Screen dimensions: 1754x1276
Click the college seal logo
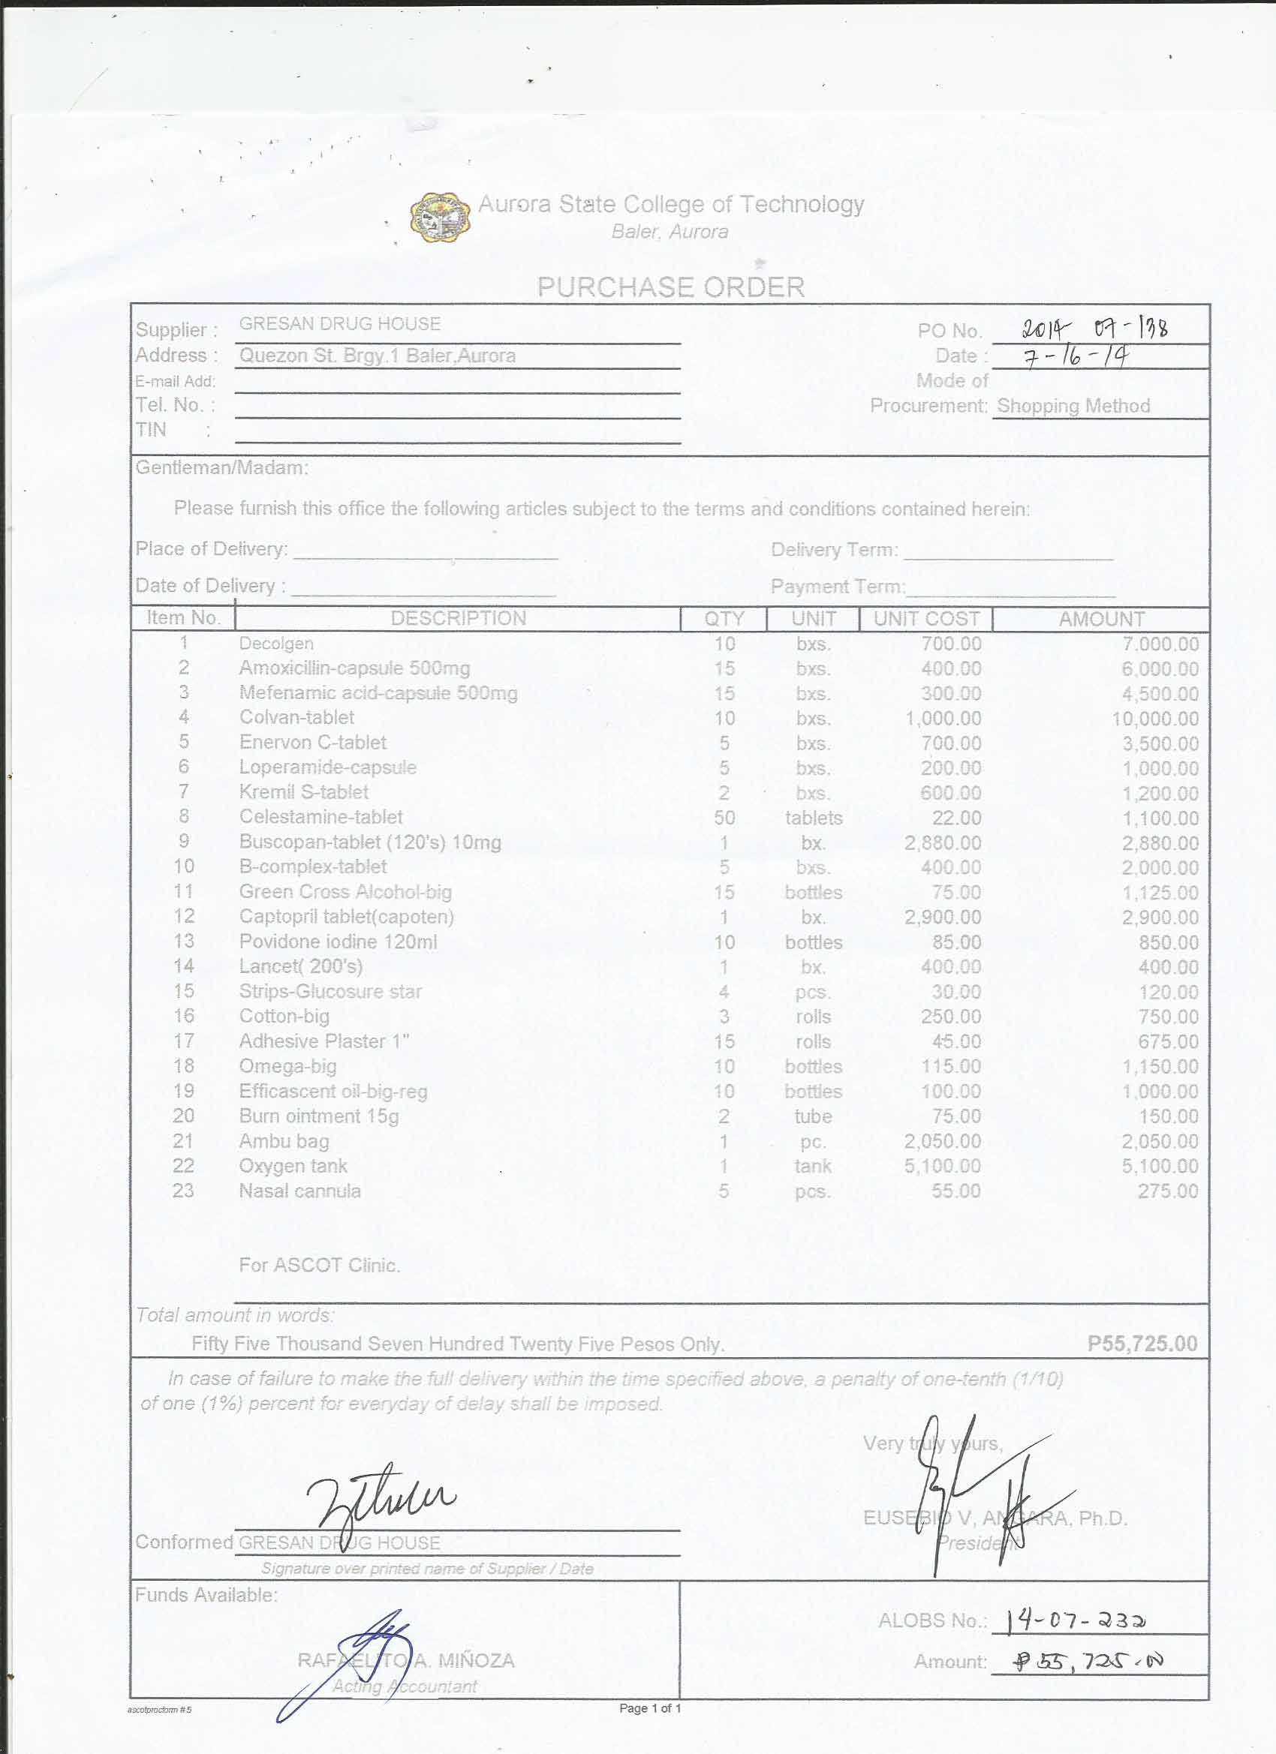441,218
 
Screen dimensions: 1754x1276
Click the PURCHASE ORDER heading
671,287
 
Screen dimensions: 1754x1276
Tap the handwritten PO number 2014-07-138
1094,329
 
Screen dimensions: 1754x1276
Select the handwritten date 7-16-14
1076,356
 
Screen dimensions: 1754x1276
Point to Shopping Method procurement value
1073,406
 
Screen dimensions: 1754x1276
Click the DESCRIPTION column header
458,618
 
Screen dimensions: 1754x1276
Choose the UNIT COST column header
926,619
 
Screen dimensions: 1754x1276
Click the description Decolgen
276,644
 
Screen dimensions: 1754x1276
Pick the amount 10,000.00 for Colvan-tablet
1155,719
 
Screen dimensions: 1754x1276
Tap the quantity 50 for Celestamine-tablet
724,818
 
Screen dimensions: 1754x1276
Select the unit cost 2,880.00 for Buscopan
943,842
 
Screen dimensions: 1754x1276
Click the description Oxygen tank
293,1166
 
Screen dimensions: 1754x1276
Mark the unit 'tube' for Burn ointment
812,1116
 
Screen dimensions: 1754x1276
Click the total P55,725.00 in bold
1142,1344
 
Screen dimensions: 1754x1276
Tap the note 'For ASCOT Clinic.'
319,1265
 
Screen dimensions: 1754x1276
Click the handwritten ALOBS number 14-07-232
1076,1620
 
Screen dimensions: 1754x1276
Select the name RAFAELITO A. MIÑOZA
405,1660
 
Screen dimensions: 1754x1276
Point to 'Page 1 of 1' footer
650,1707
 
